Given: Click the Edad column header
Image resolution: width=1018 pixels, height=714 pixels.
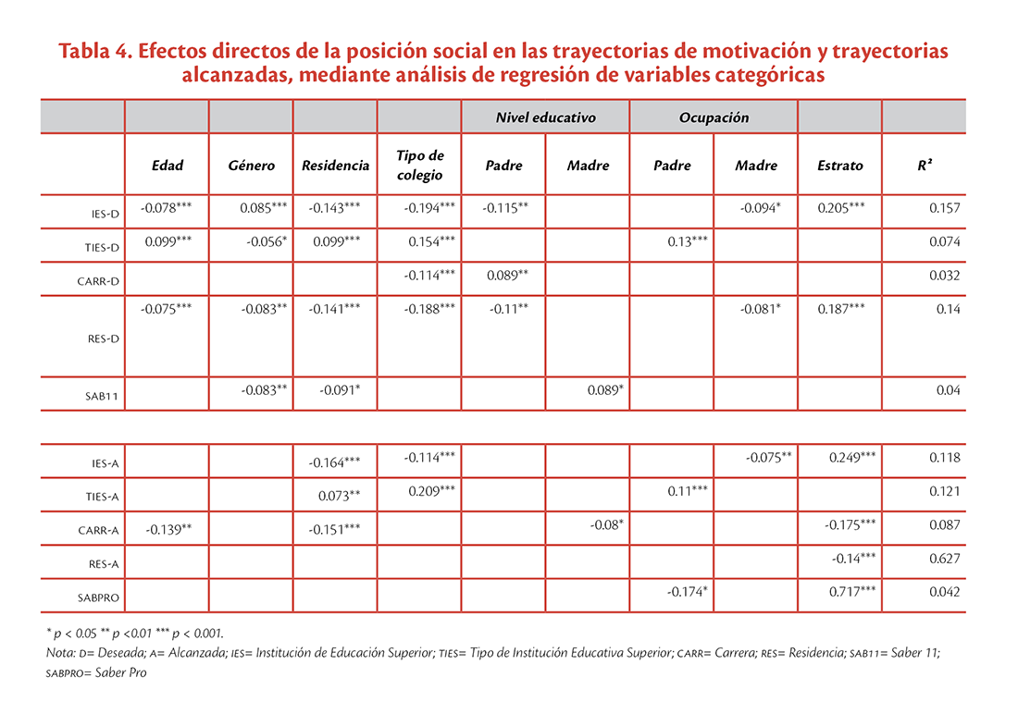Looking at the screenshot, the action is [167, 166].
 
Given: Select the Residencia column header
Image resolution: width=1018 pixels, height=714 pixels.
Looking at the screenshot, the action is [335, 166].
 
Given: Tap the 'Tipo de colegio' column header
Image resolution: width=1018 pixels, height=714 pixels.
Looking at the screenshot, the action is [419, 165].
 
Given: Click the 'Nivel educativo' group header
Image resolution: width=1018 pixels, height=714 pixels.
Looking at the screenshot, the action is [545, 117].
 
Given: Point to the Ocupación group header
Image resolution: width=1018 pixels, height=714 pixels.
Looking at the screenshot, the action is [714, 117].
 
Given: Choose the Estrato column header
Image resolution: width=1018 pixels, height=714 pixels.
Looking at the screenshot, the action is [840, 166].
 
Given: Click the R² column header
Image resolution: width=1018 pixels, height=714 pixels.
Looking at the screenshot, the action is [925, 165].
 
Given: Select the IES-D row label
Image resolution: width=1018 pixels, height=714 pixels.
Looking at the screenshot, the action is [106, 214].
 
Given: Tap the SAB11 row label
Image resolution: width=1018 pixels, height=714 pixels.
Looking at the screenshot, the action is [102, 396].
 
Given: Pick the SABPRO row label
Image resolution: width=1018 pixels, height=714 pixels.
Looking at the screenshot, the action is [99, 597].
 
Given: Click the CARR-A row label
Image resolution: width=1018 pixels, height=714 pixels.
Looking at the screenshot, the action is [99, 530].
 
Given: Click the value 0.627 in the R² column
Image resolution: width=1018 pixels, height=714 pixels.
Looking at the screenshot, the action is [944, 559].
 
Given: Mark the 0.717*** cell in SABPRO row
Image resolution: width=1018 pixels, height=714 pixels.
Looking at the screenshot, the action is [851, 591].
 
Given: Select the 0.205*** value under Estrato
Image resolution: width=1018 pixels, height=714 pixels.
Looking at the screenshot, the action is [840, 208].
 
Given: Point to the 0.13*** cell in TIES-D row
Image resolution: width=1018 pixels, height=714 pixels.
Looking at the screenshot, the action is [688, 241].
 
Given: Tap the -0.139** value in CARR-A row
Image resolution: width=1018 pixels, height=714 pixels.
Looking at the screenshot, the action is [168, 530].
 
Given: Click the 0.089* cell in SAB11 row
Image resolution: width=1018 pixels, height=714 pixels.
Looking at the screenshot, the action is [605, 390].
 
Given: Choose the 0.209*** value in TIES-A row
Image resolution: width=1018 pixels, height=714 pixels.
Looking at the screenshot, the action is [432, 491].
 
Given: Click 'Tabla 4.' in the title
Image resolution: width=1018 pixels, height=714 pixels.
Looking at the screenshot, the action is [95, 51].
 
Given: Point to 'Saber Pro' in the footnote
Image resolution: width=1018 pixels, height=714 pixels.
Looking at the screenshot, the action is [120, 672].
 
